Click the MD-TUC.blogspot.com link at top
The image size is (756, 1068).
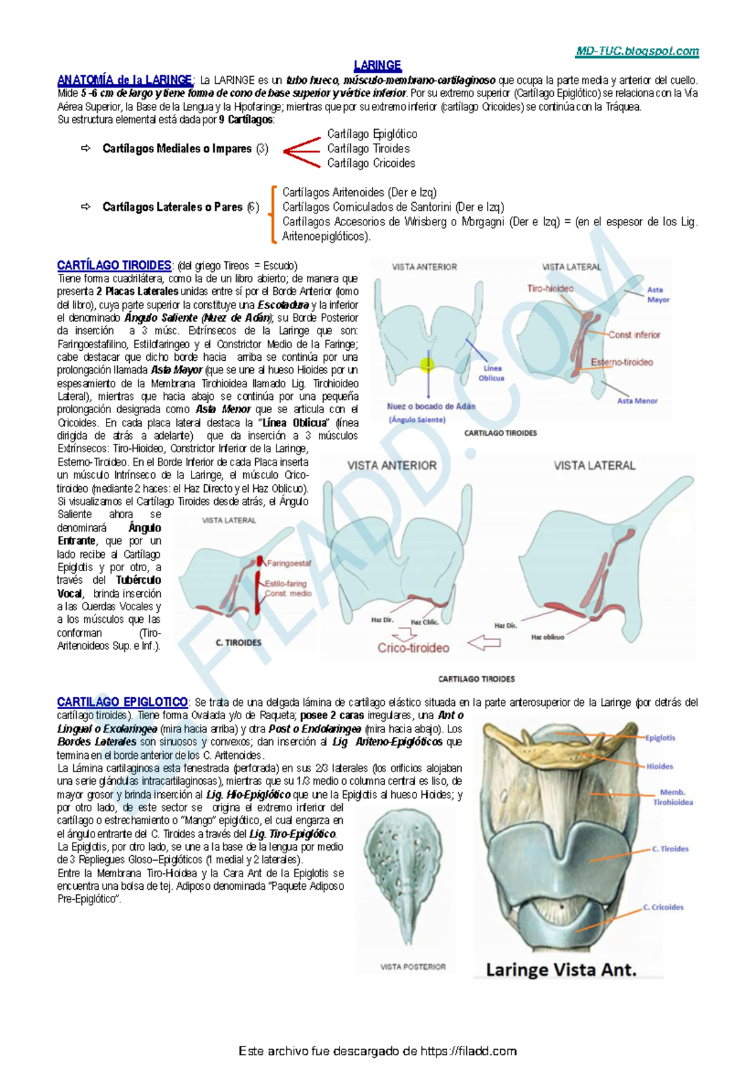pyautogui.click(x=637, y=52)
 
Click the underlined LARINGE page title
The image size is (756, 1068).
pyautogui.click(x=377, y=65)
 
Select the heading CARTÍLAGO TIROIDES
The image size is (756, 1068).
pyautogui.click(x=114, y=265)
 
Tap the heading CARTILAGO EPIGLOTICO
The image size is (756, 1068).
pyautogui.click(x=122, y=702)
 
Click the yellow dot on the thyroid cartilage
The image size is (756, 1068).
pyautogui.click(x=427, y=364)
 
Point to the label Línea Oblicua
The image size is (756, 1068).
pyautogui.click(x=491, y=373)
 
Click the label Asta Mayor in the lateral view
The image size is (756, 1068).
pyautogui.click(x=658, y=295)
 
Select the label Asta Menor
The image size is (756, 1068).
pyautogui.click(x=637, y=401)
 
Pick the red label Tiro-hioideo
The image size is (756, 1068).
pyautogui.click(x=550, y=288)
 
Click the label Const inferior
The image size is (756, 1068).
pyautogui.click(x=634, y=335)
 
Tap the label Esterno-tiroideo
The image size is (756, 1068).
pyautogui.click(x=621, y=362)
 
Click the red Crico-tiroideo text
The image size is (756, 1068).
pyautogui.click(x=413, y=648)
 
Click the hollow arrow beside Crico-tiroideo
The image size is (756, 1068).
pyautogui.click(x=484, y=643)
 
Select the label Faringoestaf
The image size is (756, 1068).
pyautogui.click(x=289, y=563)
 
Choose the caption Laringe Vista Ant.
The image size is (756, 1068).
pyautogui.click(x=561, y=970)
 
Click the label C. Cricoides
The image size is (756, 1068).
pyautogui.click(x=663, y=907)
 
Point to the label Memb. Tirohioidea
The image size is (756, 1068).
pyautogui.click(x=672, y=797)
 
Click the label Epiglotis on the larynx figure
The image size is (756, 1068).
pyautogui.click(x=660, y=737)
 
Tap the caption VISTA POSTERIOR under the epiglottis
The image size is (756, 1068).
pyautogui.click(x=413, y=967)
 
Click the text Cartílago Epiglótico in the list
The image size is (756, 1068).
pyautogui.click(x=372, y=134)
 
